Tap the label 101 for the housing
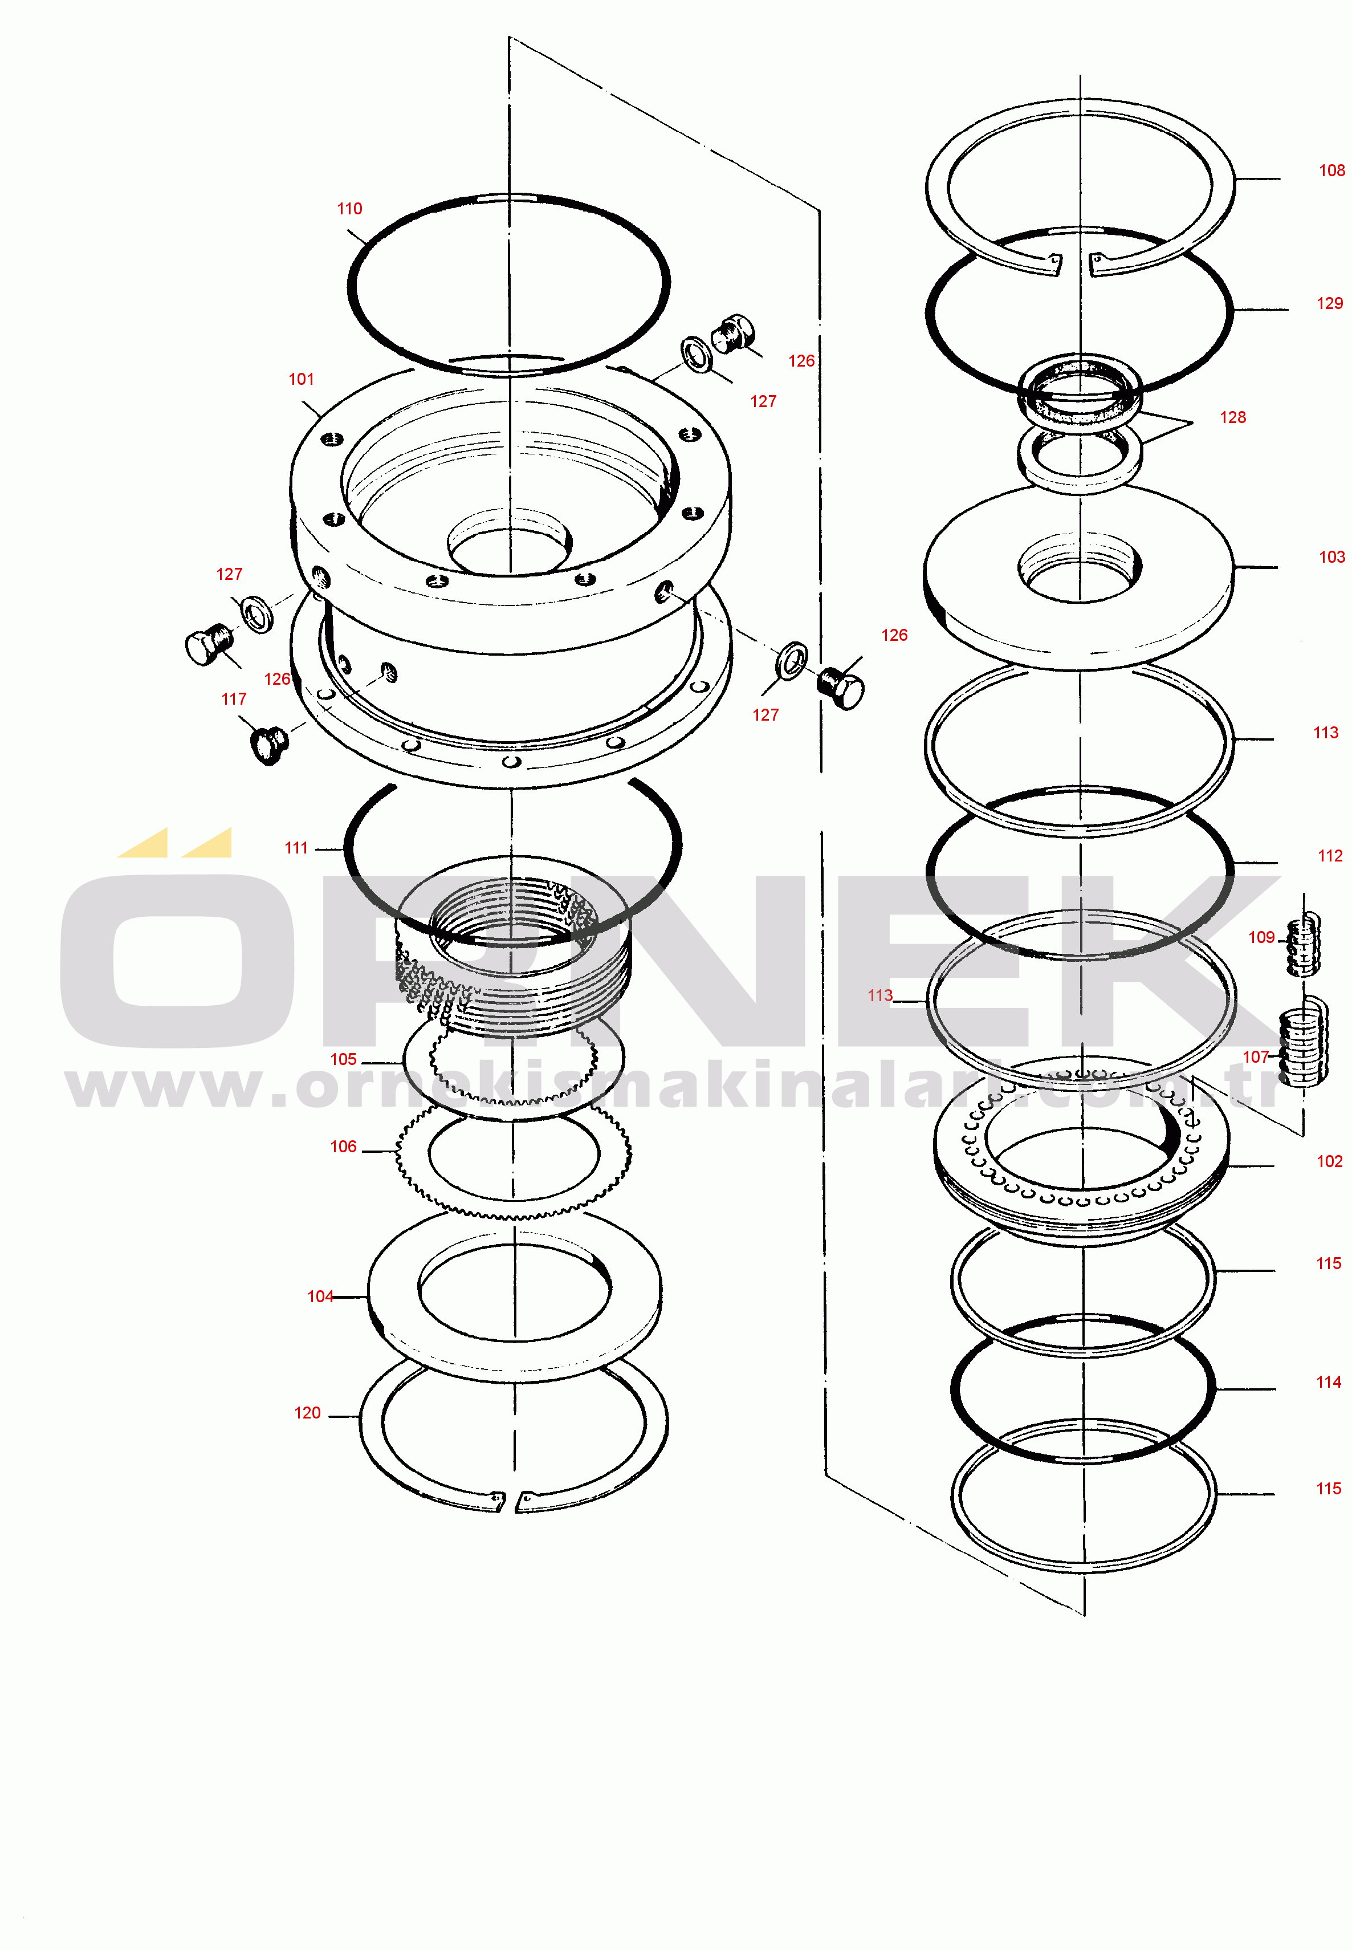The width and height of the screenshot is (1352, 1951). (x=302, y=380)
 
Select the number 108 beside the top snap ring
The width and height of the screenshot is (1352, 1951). (x=1331, y=170)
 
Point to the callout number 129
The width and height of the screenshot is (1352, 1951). (x=1330, y=303)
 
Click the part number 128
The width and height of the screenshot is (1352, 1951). (x=1232, y=418)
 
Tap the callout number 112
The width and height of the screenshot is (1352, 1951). (x=1330, y=856)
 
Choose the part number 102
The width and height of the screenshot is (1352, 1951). (x=1329, y=1161)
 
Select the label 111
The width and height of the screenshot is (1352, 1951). (x=296, y=848)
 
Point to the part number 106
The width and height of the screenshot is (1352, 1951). (x=343, y=1147)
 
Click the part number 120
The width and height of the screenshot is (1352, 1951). (x=307, y=1413)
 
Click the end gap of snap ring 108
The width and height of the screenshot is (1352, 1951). (x=1075, y=265)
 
